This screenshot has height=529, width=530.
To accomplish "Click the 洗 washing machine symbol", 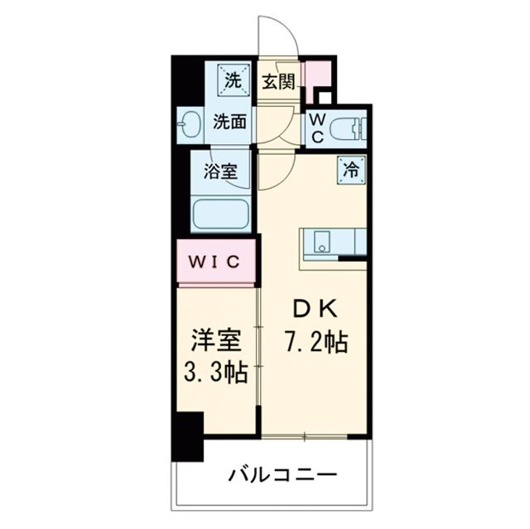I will click(233, 81).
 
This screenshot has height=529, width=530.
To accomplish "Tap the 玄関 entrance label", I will click(278, 81).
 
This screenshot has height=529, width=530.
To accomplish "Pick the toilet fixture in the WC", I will click(349, 128).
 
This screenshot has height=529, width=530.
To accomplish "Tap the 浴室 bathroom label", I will click(220, 172).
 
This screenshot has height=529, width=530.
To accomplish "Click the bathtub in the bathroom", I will click(220, 214).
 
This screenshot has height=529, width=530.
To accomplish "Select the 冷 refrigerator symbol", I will click(350, 170).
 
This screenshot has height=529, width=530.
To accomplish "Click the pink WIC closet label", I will click(216, 262).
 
